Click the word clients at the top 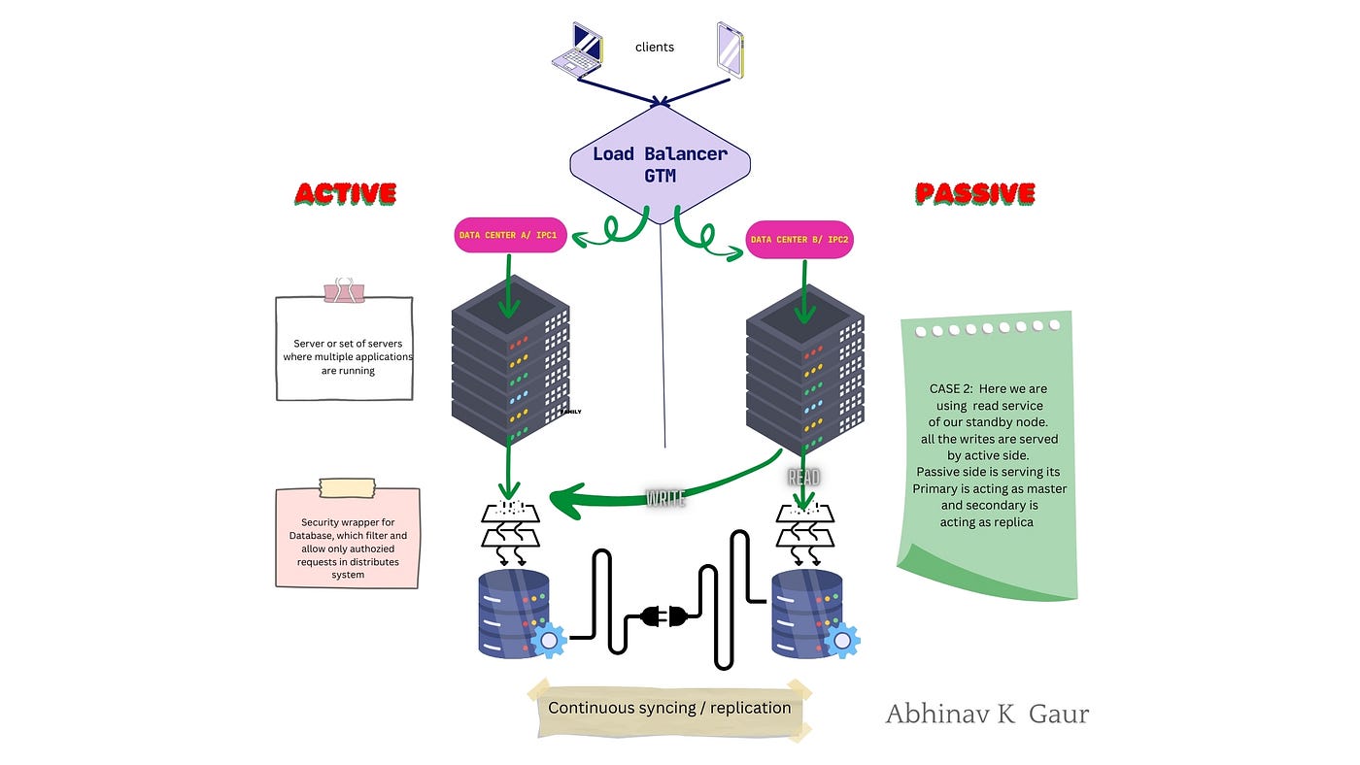click(655, 47)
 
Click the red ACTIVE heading click(345, 193)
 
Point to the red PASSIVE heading click(974, 193)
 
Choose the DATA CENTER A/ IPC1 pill click(511, 236)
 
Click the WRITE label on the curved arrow click(666, 498)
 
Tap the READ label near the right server click(805, 477)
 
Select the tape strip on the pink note click(347, 488)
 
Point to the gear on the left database click(549, 640)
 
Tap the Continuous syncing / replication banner click(669, 708)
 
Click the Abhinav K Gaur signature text click(987, 715)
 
